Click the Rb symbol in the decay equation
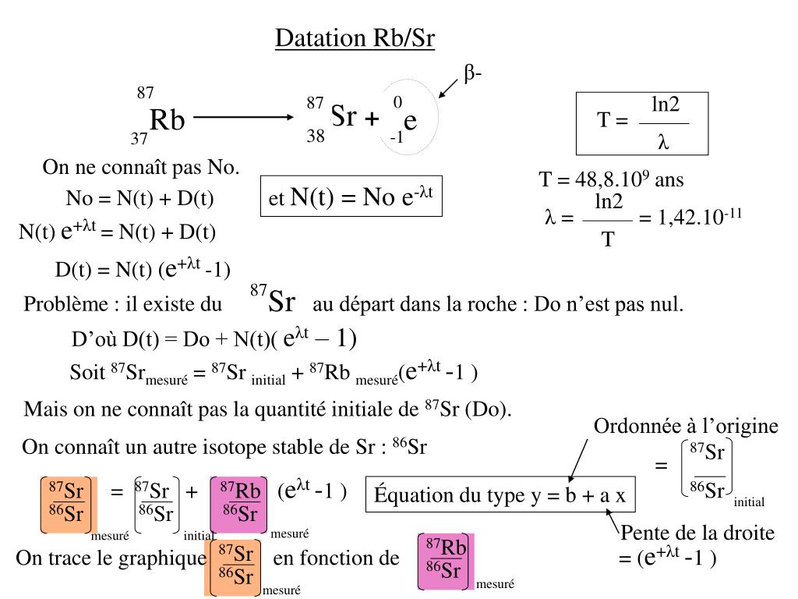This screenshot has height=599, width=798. (x=167, y=121)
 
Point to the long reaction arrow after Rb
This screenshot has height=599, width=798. (x=242, y=118)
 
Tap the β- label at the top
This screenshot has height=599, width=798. (x=473, y=74)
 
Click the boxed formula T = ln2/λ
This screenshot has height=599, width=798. (x=642, y=124)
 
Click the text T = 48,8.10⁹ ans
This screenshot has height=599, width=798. (x=611, y=180)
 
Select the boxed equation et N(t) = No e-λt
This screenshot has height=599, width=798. (x=351, y=196)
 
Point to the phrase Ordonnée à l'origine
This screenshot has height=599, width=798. (x=686, y=426)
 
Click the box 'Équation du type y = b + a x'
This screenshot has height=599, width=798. (x=501, y=495)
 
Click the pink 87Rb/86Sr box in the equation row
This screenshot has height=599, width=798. (x=240, y=502)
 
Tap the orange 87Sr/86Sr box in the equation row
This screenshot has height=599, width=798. (x=68, y=502)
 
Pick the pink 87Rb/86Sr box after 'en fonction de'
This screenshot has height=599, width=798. (x=445, y=562)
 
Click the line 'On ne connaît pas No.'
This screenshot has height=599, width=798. (x=141, y=168)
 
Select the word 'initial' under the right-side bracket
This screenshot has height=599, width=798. (x=749, y=502)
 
